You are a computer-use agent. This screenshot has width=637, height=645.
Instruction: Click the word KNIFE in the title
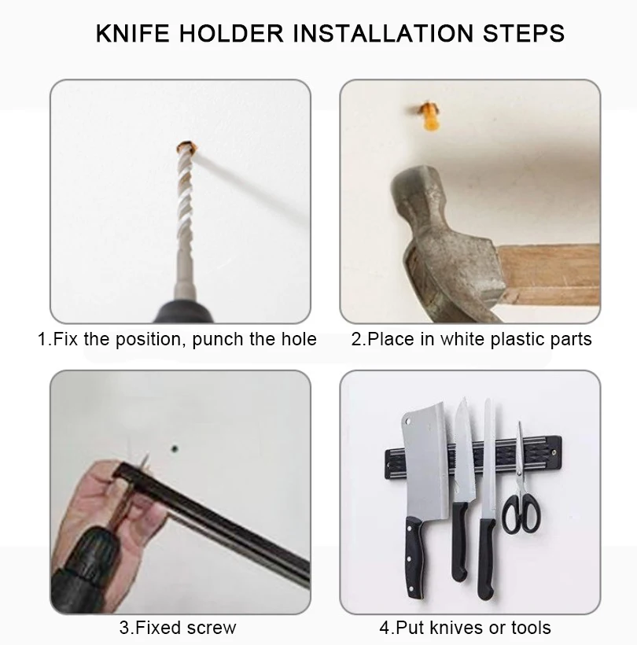tap(132, 33)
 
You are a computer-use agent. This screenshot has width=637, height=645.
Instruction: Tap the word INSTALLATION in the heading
tap(383, 33)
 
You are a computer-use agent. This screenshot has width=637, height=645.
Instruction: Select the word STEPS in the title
tap(524, 33)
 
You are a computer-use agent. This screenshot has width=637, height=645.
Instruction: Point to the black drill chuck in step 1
tap(184, 312)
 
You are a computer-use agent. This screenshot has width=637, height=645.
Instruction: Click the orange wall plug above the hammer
tap(429, 116)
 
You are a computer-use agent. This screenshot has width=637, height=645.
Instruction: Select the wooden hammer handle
tap(549, 275)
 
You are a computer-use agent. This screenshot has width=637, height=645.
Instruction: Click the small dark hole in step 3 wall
tap(175, 449)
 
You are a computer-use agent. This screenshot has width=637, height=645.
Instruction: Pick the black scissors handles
tap(521, 514)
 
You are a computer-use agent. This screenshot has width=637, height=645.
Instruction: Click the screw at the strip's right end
tap(554, 453)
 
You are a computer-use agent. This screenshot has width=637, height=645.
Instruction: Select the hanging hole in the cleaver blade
tap(408, 422)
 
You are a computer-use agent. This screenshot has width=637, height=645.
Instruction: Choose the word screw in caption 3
tap(212, 628)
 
